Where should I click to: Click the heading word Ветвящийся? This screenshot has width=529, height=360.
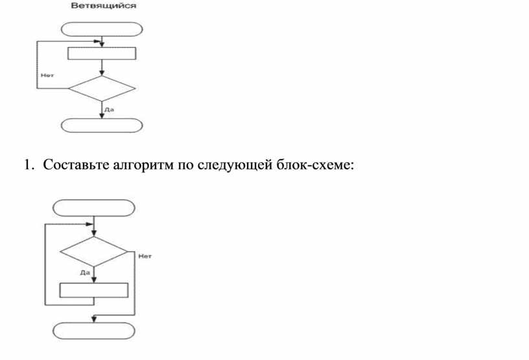pos(103,6)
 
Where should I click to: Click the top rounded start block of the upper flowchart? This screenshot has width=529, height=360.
pos(102,29)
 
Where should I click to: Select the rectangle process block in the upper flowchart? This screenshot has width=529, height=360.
pos(102,53)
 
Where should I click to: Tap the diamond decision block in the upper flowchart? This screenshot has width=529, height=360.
pos(102,89)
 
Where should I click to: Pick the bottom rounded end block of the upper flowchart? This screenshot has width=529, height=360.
pos(102,125)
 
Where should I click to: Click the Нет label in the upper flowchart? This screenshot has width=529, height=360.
pos(47,75)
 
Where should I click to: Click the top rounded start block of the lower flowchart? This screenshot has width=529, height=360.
pos(94,208)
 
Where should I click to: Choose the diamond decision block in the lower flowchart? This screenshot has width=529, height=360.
pos(94,250)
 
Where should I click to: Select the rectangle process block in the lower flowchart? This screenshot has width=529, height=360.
pos(94,290)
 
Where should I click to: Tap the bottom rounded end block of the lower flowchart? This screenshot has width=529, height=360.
pos(94,329)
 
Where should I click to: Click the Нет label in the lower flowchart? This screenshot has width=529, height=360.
pos(145,256)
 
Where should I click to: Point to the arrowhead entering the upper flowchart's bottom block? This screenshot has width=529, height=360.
pos(102,115)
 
